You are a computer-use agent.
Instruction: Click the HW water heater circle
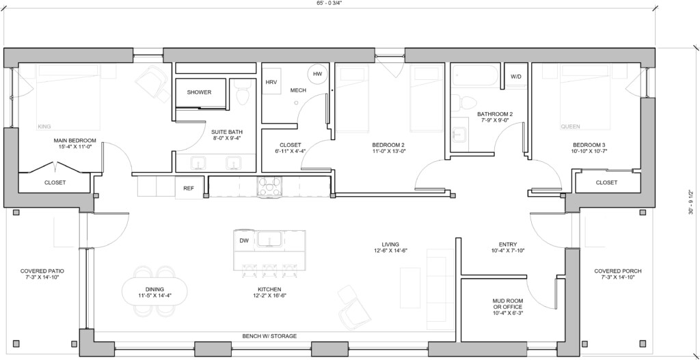[317, 74]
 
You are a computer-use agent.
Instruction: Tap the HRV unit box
[271, 81]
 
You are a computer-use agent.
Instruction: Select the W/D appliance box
[515, 77]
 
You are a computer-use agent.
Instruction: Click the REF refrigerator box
[189, 188]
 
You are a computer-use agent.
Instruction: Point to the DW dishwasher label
[243, 240]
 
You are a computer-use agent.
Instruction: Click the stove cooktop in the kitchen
[269, 186]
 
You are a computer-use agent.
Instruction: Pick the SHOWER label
[199, 92]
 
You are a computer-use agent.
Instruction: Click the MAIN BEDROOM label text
[75, 141]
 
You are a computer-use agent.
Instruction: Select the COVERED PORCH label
[617, 271]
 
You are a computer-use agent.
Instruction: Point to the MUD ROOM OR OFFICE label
[507, 304]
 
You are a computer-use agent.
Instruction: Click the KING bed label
[44, 126]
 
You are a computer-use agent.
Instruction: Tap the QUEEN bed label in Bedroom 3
[569, 126]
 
